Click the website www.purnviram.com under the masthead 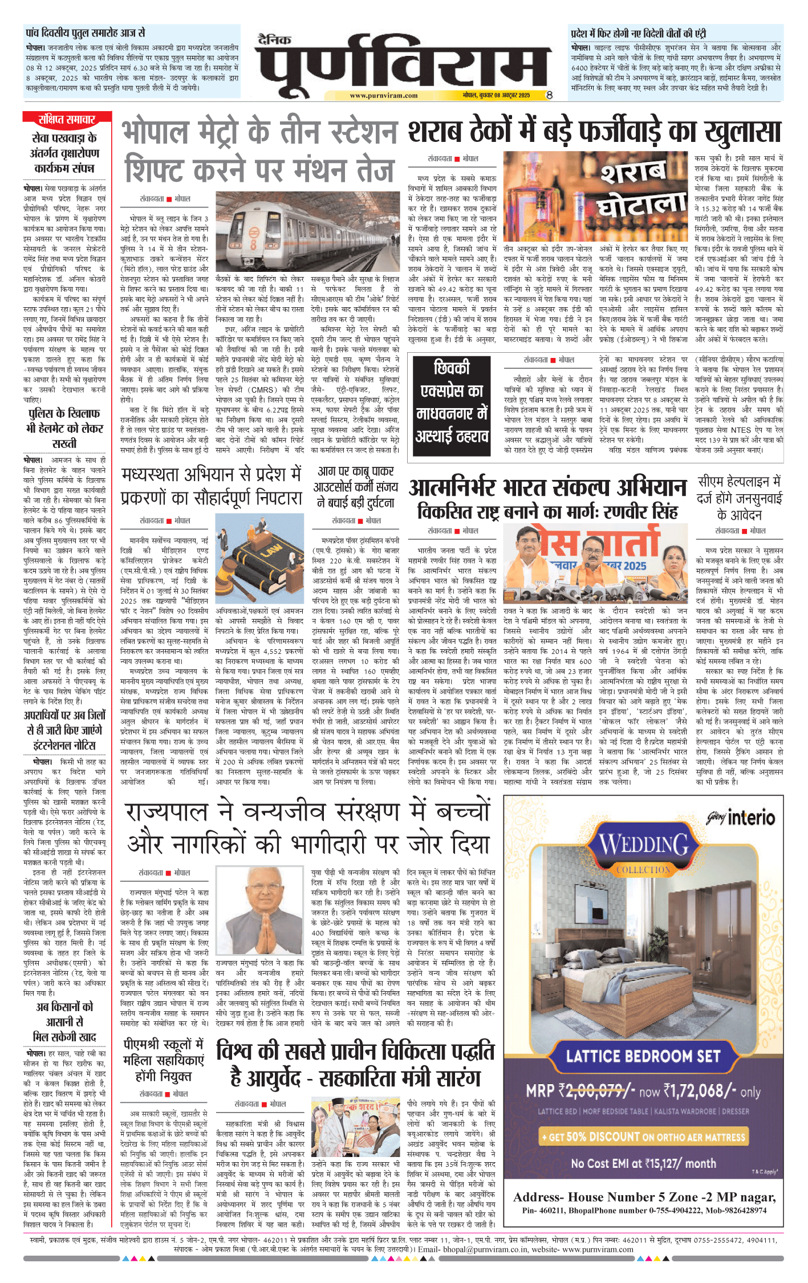coord(383,96)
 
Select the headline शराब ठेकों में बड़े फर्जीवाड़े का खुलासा coord(594,132)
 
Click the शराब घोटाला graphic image coord(596,195)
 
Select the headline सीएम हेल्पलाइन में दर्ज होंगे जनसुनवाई coord(740,498)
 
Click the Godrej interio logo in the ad coord(741,818)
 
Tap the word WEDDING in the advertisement coord(644,845)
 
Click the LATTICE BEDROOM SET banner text coord(643,1056)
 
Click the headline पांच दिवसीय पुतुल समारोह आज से coord(86,33)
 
